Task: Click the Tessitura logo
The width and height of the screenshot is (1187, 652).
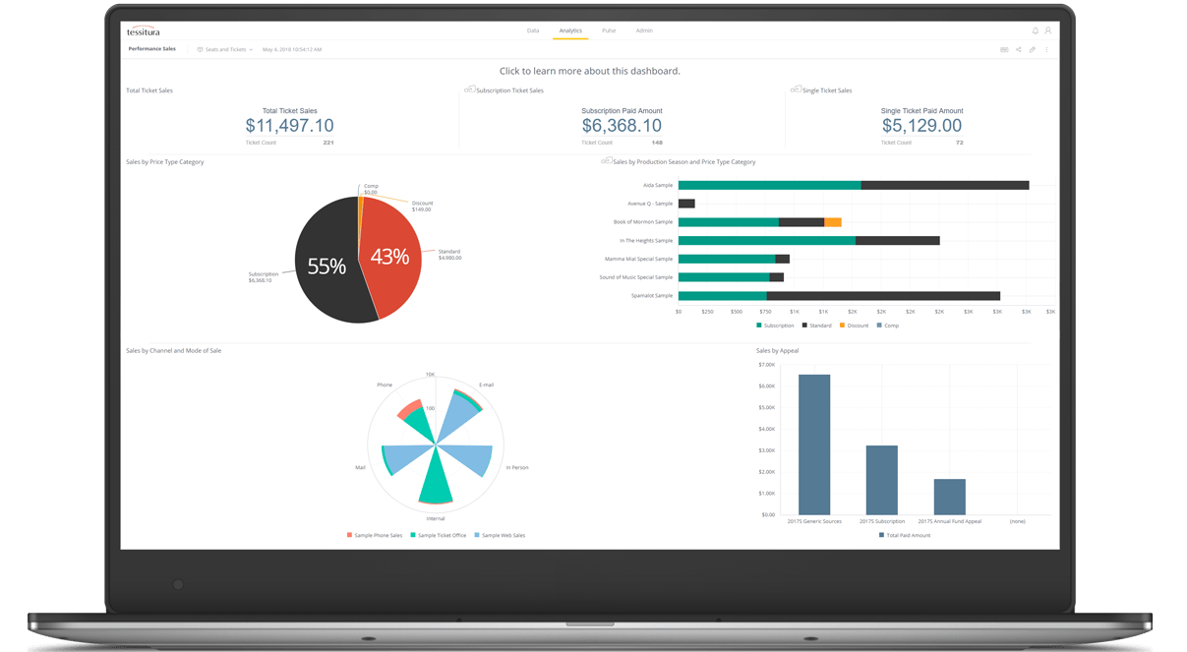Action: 144,31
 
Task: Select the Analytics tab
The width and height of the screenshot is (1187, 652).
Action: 570,30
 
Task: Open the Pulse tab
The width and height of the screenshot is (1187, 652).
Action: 609,30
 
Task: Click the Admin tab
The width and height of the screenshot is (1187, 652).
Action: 644,30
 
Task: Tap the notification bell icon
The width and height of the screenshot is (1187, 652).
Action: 1035,30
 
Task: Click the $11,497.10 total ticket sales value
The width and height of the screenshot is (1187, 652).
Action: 289,126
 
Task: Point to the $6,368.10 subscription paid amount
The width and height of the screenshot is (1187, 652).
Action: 622,126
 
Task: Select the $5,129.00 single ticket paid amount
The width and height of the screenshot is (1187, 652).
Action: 921,126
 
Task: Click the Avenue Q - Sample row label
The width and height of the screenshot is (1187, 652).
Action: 650,204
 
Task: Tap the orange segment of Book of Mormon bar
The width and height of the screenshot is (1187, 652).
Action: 833,222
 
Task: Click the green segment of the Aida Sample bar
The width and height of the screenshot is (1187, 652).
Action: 769,185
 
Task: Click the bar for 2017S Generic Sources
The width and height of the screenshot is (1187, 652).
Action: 814,444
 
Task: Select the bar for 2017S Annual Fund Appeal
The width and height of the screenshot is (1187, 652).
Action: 949,497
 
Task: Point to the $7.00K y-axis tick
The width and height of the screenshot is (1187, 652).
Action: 766,365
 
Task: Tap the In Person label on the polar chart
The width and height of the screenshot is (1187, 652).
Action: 517,467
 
